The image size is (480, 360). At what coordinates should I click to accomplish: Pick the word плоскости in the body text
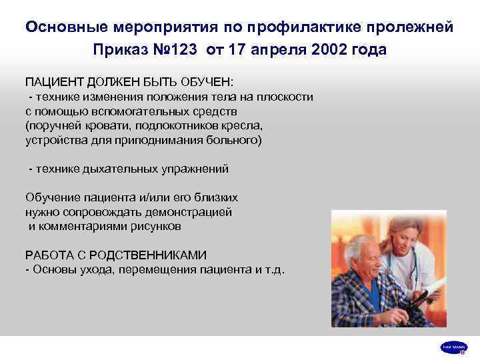tap(287, 97)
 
